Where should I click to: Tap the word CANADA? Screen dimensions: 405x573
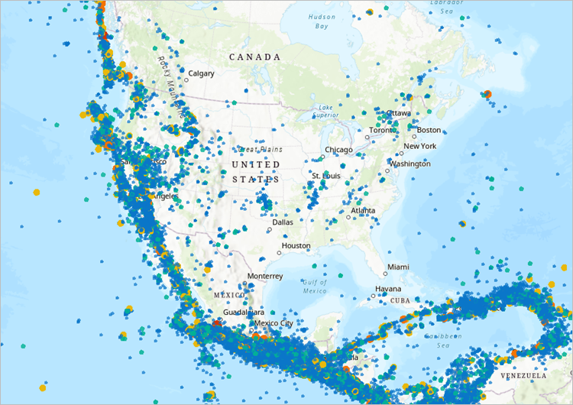point(255,57)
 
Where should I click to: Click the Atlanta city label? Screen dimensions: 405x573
point(363,210)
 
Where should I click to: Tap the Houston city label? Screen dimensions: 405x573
point(296,246)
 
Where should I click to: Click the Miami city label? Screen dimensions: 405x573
point(397,267)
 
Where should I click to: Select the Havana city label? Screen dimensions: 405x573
point(387,289)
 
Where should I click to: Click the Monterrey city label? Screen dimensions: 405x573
point(265,276)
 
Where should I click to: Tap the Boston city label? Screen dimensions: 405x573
point(429,130)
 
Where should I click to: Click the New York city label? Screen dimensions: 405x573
point(419,146)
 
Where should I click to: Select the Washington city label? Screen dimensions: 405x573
point(410,164)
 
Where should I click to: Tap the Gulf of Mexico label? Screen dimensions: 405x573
point(314,287)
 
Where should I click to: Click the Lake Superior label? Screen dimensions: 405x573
point(326,112)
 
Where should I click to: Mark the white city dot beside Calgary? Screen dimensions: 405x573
point(186,79)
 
